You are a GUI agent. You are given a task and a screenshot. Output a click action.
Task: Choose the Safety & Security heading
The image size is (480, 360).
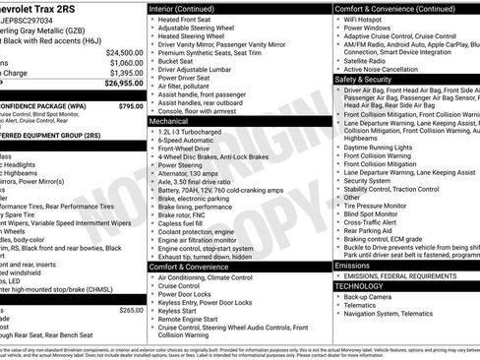click(364, 79)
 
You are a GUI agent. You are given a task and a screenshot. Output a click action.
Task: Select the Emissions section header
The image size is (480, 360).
click(354, 266)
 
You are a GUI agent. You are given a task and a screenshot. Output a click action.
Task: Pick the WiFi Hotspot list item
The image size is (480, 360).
click(368, 19)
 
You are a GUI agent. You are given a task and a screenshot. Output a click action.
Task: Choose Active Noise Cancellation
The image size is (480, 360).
click(387, 69)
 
